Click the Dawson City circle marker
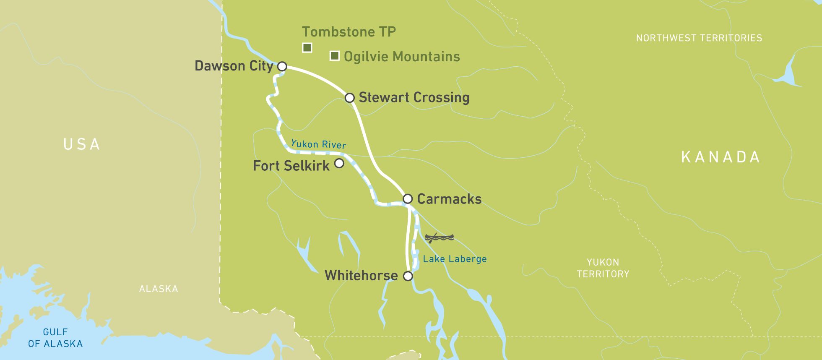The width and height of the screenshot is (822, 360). click(282, 66)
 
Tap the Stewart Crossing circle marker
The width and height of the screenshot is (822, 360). click(350, 98)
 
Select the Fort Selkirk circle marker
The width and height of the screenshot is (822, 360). click(339, 163)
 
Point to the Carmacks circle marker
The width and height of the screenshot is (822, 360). click(408, 198)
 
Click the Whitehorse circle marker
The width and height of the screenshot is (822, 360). click(408, 276)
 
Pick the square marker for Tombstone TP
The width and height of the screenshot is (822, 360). click(307, 47)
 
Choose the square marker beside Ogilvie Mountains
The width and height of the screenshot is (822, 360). click(334, 56)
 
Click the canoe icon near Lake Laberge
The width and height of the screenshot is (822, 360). click(439, 238)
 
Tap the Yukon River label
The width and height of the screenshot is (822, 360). click(319, 144)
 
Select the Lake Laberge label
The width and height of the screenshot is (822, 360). click(455, 259)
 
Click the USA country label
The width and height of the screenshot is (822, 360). click(82, 144)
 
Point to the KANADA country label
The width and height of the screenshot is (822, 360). click(721, 157)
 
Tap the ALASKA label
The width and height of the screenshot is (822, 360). click(159, 289)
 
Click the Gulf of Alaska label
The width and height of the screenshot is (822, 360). click(55, 338)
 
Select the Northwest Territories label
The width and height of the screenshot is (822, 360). click(699, 38)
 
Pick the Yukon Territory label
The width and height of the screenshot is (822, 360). click(603, 268)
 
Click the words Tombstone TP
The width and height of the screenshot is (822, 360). click(349, 32)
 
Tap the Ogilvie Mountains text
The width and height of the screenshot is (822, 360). click(402, 57)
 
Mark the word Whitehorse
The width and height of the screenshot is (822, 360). click(361, 276)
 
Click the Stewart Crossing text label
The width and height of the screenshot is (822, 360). click(414, 97)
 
